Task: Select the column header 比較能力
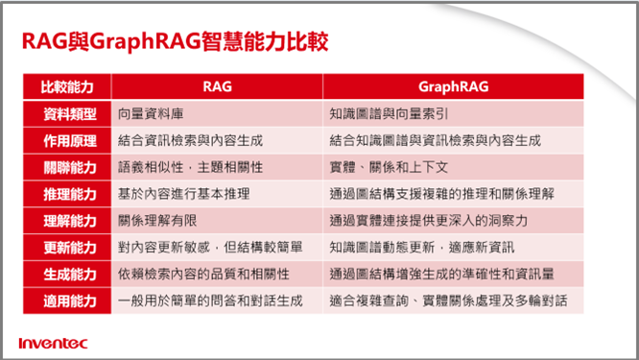pos(67,86)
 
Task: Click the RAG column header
pos(217,86)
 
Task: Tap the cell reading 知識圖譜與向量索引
pos(390,113)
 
